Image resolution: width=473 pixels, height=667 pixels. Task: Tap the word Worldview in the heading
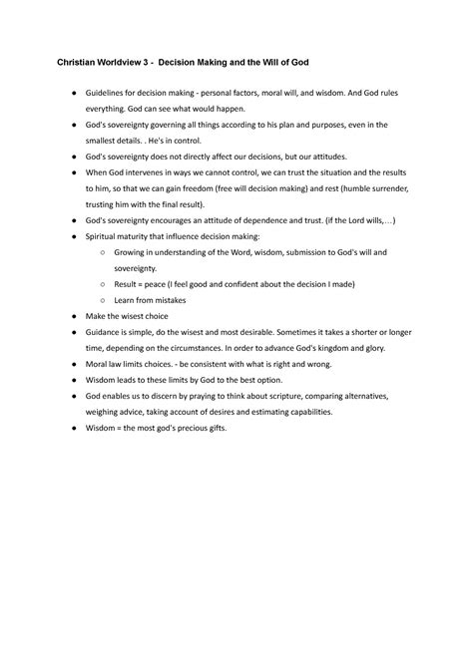pyautogui.click(x=126, y=62)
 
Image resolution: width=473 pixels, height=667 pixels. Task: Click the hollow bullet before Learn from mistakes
pyautogui.click(x=104, y=299)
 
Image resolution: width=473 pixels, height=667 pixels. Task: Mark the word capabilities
pyautogui.click(x=298, y=411)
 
